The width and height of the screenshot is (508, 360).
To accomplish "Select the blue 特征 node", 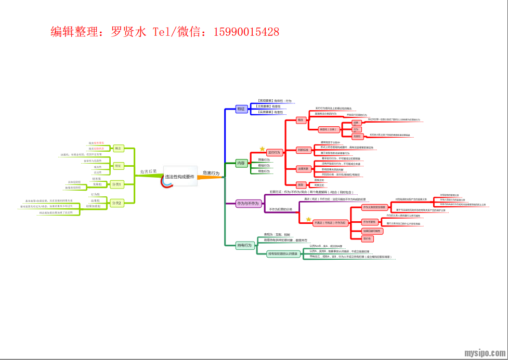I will coord(241,109).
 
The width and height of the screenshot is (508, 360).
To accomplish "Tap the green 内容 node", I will coord(241,163).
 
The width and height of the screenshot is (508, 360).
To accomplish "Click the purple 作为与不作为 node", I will coord(248,203).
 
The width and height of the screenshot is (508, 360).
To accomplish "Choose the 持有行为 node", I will coord(244,245).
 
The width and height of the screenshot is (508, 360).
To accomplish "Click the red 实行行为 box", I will coord(274,153).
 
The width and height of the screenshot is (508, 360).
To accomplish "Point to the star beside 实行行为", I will coord(263,149).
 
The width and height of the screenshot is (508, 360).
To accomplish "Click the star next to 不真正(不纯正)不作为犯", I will coord(308,219).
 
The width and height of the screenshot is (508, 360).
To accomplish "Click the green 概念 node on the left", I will coord(118,148).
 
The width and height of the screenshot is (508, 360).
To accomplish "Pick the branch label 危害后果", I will coord(148,171).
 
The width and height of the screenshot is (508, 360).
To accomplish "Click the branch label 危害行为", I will coord(211,173).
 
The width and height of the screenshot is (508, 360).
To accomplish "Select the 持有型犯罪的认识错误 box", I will coord(283,254).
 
